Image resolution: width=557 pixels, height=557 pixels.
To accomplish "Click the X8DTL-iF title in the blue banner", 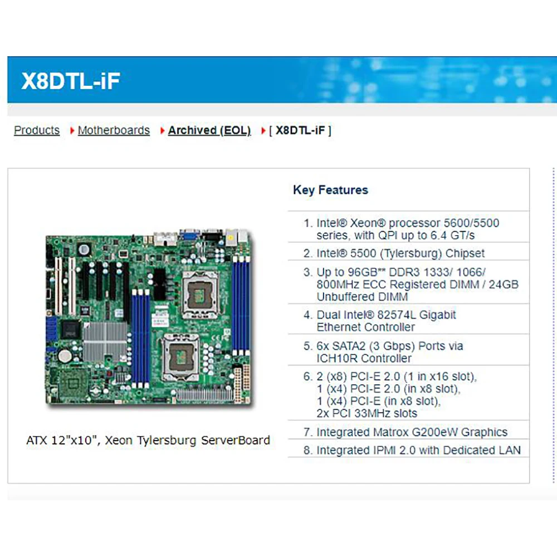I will (x=71, y=81).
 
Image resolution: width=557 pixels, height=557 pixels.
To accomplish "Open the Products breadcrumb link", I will (x=37, y=130).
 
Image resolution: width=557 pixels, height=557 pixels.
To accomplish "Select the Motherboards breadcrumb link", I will (x=114, y=130).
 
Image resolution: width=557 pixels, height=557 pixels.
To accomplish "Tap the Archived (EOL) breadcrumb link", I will (x=209, y=130).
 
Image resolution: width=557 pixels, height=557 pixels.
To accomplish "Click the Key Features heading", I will (x=330, y=190).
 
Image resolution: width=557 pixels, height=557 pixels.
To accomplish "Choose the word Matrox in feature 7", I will (x=390, y=432).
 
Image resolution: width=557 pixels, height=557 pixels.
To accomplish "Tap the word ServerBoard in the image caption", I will (x=236, y=441).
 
